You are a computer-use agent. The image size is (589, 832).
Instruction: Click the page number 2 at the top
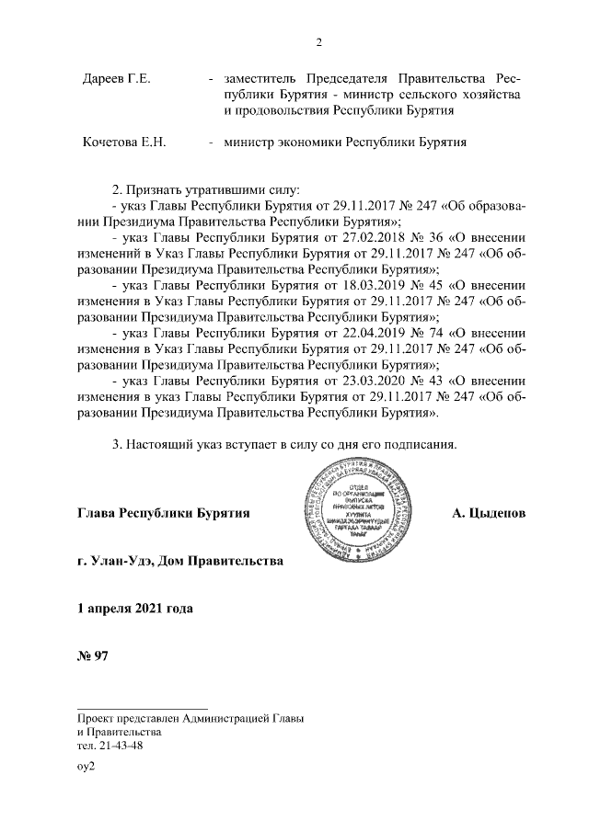pos(318,41)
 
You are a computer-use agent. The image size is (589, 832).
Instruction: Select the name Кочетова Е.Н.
pos(123,142)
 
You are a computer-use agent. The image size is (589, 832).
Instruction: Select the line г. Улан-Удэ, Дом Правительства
pos(180,560)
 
